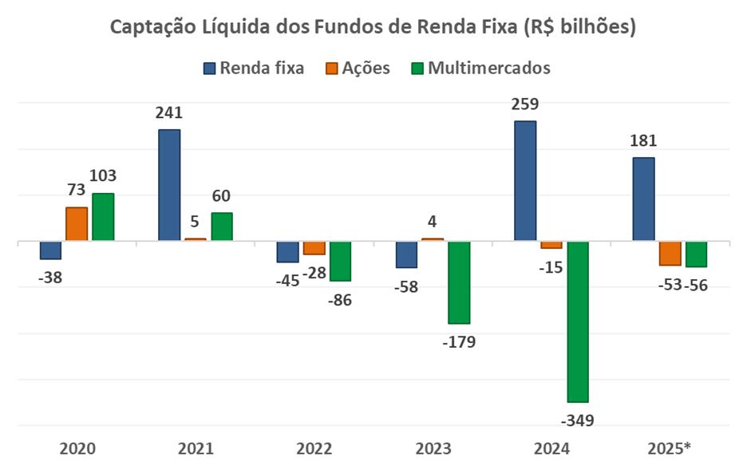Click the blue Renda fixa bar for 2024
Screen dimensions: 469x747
point(525,181)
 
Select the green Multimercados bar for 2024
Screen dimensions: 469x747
point(578,321)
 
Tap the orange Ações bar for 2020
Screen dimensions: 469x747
point(77,224)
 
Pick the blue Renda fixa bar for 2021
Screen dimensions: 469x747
point(169,185)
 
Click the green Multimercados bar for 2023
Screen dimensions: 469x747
point(459,282)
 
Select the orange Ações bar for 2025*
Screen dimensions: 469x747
point(670,253)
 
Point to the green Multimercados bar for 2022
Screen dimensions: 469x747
point(341,261)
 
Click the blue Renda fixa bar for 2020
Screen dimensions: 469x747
point(50,250)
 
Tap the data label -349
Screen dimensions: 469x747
point(578,421)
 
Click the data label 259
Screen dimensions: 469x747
point(525,104)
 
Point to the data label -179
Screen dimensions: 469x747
point(459,343)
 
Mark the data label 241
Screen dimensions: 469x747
point(169,112)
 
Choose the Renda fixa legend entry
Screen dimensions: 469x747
point(253,68)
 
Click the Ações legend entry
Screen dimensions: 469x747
point(356,68)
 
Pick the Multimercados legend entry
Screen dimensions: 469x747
point(479,68)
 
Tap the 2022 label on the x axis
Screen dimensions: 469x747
point(314,447)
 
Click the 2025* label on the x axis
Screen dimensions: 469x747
point(670,447)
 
